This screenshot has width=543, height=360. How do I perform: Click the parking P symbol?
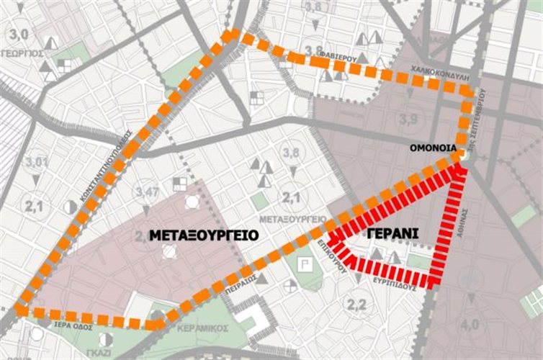pos(305,266)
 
